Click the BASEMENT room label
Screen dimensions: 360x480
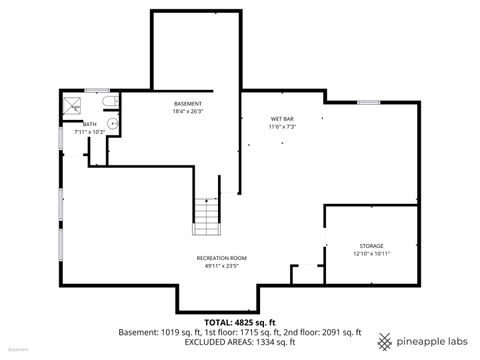188,104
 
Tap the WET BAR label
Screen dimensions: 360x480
281,119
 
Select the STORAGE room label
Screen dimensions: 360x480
372,245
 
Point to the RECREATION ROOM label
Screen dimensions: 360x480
221,258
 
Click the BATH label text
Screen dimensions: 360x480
90,124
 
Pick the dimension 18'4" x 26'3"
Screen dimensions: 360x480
188,111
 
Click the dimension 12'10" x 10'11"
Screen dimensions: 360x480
372,253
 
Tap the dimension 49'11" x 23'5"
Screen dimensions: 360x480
221,266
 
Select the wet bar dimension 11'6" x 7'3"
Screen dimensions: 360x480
281,127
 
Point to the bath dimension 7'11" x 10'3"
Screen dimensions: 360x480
90,132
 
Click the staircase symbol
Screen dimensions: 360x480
206,213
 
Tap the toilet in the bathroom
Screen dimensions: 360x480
110,101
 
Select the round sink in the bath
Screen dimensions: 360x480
113,123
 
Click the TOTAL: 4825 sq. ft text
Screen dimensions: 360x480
240,322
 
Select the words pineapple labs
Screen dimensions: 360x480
433,342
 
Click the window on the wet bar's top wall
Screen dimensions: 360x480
369,101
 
